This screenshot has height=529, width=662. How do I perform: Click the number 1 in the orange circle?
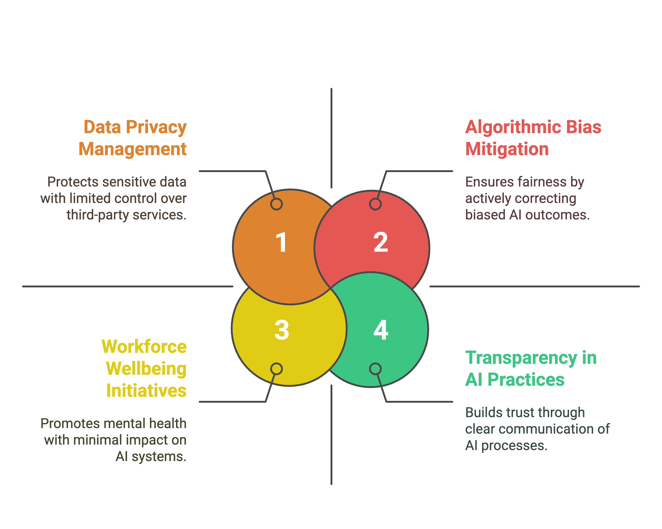click(282, 242)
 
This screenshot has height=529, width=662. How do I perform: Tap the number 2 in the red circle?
click(381, 242)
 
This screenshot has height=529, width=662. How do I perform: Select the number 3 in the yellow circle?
click(282, 330)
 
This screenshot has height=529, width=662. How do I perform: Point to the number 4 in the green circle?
click(381, 330)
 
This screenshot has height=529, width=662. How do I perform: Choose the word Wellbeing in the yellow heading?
click(146, 369)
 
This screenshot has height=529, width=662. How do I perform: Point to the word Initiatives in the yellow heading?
click(147, 391)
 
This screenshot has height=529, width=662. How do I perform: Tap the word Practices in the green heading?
click(526, 380)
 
